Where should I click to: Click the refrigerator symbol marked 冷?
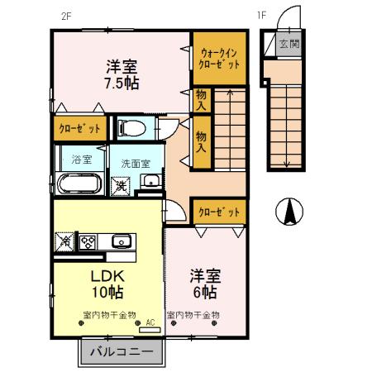point(65,242)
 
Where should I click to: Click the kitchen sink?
point(122,242)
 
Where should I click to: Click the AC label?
point(150,323)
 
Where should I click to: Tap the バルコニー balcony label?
point(121,351)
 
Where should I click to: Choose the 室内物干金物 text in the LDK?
point(110,314)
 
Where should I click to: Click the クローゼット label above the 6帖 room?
point(219,212)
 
